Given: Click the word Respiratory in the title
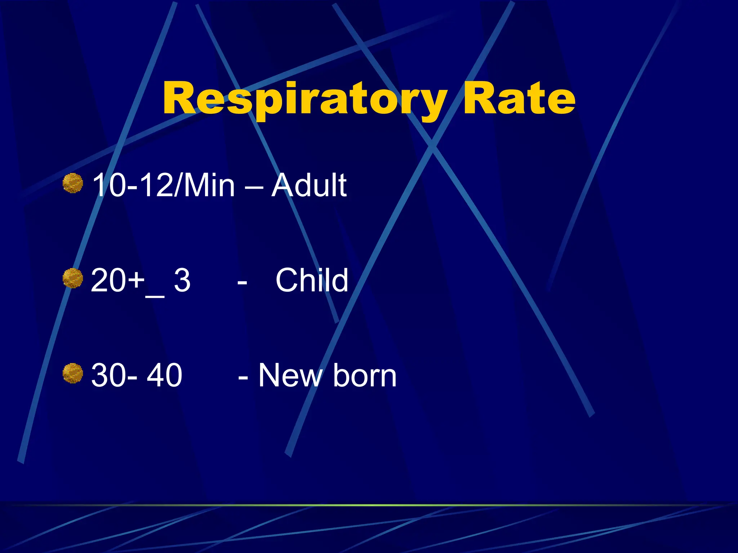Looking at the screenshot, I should [304, 99].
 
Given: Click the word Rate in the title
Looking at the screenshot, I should [519, 99].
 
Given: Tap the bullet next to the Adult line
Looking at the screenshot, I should [73, 183].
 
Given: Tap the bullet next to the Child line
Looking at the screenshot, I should [73, 278].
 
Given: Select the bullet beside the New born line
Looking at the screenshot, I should [73, 373].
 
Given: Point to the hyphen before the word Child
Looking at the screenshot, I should [242, 282].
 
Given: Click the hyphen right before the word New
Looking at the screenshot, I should [243, 378].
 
